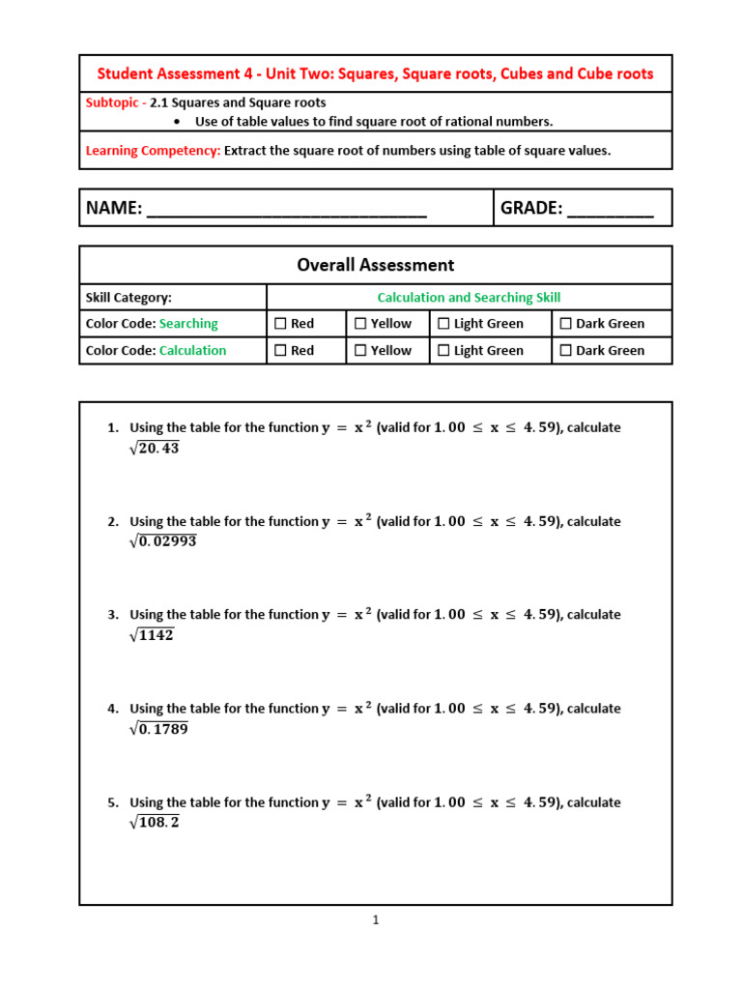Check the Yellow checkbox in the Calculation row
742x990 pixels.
360,351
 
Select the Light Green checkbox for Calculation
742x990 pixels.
443,351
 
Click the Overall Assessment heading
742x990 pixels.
375,265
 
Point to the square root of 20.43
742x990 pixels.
154,448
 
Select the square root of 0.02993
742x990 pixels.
162,541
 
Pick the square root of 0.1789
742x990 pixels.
158,729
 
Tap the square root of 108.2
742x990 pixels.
154,823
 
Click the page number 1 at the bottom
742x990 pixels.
376,920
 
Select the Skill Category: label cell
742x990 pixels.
128,298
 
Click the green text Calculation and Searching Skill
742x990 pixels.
469,298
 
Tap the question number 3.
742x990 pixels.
112,615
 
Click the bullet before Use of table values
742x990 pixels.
178,122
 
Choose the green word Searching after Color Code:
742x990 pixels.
188,324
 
